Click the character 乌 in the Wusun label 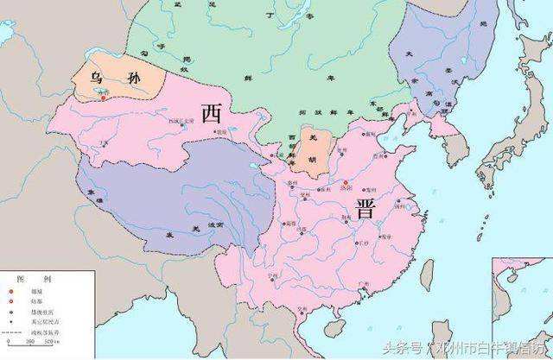pyautogui.click(x=101, y=78)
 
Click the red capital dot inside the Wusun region pyautogui.click(x=103, y=97)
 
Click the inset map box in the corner pyautogui.click(x=521, y=299)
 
